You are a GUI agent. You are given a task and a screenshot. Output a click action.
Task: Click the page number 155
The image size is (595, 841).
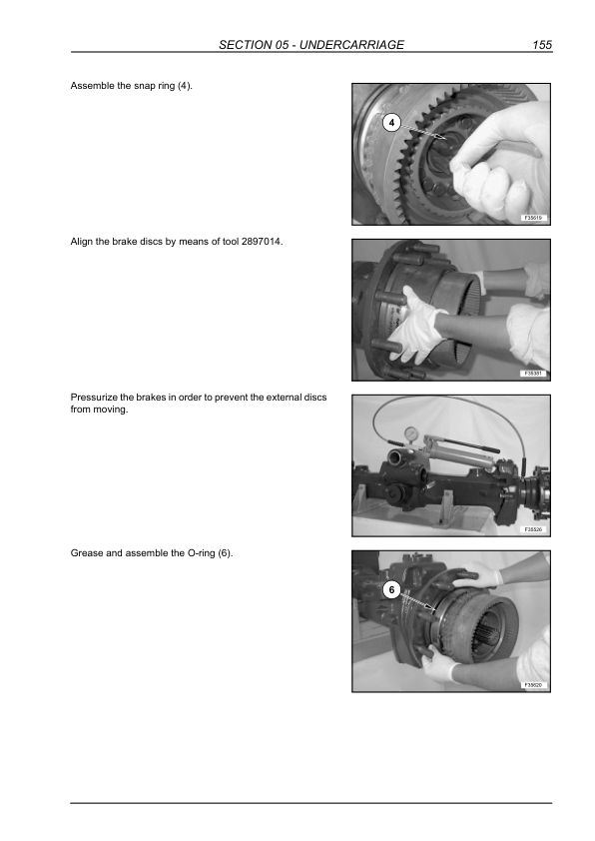542,45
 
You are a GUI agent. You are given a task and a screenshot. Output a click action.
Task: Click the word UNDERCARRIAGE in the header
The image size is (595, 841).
351,45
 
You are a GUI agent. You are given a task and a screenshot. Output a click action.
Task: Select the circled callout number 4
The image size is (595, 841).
392,123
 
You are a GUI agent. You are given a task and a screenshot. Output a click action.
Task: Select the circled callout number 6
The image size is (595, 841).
392,590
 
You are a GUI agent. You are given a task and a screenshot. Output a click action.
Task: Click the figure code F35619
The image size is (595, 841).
533,218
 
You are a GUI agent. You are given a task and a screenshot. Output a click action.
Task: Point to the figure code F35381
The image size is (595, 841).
533,374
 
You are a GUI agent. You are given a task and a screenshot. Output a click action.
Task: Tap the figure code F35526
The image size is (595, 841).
533,529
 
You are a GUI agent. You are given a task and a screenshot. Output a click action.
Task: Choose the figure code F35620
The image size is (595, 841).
533,685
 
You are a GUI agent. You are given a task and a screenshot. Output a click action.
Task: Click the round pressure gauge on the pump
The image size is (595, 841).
411,432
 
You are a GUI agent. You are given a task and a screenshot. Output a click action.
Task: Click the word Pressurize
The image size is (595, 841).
94,398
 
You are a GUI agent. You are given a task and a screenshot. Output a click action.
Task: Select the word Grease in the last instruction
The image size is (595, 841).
87,553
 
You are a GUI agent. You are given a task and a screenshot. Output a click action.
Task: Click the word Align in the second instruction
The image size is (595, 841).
82,242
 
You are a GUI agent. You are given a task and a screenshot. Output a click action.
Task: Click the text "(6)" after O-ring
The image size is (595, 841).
226,553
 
